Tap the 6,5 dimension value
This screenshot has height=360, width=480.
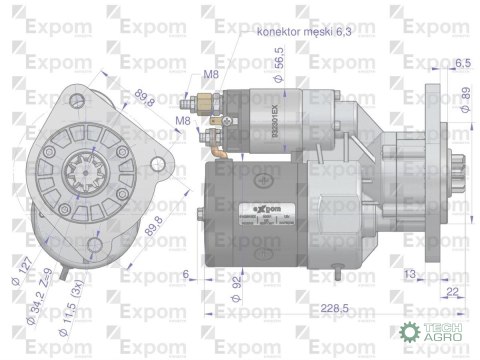point(462,63)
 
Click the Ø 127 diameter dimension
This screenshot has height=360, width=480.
point(23,271)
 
